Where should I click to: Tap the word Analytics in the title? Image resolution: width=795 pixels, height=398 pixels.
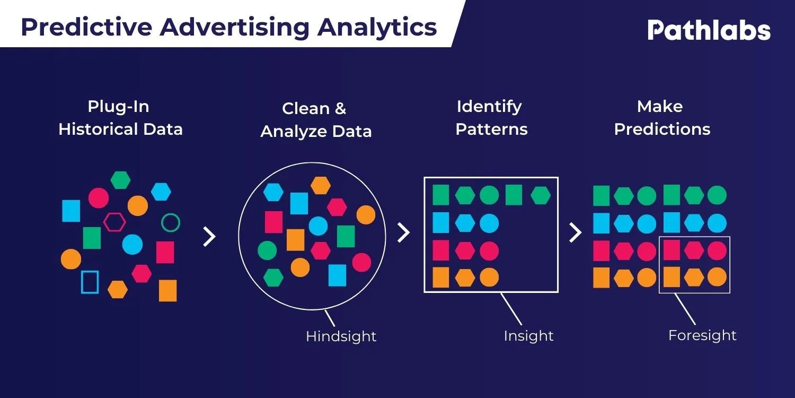tap(377, 27)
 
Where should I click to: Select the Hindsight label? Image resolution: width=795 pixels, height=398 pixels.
tap(341, 336)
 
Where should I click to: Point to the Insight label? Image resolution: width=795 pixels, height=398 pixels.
tap(528, 336)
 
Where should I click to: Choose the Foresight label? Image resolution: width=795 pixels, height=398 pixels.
tap(702, 335)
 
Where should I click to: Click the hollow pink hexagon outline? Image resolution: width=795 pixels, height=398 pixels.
tap(114, 222)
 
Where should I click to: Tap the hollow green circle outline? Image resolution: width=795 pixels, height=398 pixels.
tap(171, 222)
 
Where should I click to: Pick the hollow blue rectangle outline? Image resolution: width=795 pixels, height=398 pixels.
tap(90, 282)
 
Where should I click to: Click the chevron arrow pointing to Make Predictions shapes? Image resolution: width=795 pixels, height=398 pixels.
tap(576, 232)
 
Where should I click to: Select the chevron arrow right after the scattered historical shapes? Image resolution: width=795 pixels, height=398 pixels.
tap(209, 237)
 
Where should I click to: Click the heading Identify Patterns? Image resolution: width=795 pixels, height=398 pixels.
tap(491, 118)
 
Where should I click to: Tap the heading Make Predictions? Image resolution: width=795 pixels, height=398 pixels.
tap(662, 118)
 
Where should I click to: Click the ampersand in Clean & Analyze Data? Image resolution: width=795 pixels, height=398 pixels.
tap(340, 109)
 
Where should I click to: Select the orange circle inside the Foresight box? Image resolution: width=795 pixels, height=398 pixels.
tap(717, 276)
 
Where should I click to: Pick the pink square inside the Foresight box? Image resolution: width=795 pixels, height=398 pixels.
tap(672, 249)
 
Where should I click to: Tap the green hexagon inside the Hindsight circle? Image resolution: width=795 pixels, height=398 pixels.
tap(273, 277)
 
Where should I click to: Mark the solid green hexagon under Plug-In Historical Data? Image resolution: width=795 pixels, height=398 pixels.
tap(121, 180)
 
